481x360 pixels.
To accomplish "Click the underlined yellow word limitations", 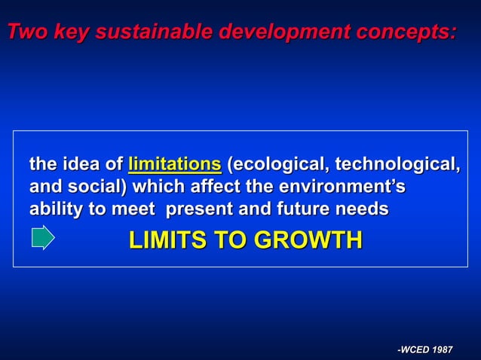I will pyautogui.click(x=175, y=164).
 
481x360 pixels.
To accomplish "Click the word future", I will pyautogui.click(x=298, y=209).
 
